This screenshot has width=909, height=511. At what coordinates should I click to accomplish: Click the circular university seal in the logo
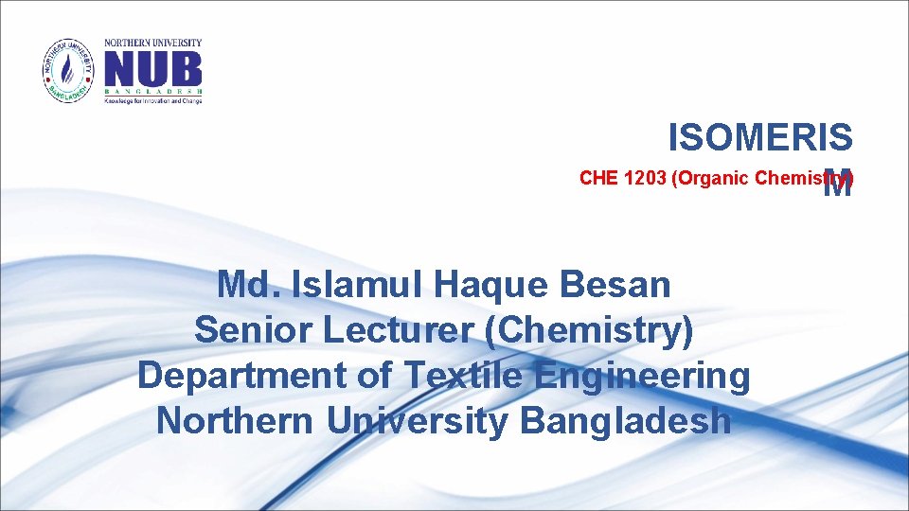(x=69, y=71)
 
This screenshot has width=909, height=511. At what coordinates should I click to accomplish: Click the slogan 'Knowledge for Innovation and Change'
(x=152, y=100)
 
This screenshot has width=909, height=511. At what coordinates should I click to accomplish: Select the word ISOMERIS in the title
(x=760, y=138)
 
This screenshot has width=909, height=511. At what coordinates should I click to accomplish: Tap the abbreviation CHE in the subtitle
(x=600, y=178)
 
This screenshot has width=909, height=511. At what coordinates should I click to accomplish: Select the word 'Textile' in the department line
(x=464, y=376)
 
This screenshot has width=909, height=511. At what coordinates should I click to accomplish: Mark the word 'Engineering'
(x=642, y=376)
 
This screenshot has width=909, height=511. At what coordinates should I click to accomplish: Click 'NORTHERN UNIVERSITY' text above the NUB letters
(x=152, y=43)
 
